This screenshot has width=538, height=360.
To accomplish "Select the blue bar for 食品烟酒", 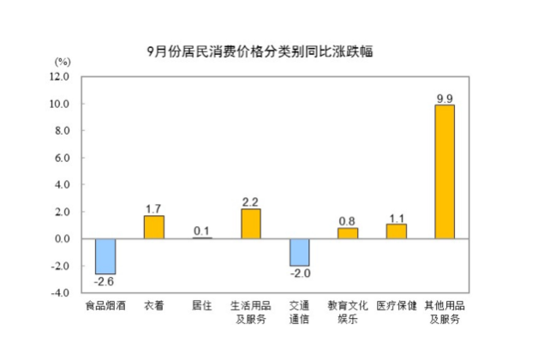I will [x=105, y=255].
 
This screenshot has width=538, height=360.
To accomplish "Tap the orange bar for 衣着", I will [x=153, y=227].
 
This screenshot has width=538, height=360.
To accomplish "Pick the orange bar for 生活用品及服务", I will [x=250, y=224].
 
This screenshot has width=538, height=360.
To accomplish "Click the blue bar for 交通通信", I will [x=299, y=252].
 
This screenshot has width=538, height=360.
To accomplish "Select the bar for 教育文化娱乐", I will [x=347, y=233].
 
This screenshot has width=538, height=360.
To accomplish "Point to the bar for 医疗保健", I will [x=396, y=231].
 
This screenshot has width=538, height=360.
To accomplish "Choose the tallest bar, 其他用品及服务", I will [x=445, y=171].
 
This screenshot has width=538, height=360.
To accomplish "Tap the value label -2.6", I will [x=105, y=281].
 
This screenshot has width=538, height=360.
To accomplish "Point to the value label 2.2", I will [x=250, y=202].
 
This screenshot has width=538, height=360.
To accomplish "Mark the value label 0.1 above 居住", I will [x=202, y=230].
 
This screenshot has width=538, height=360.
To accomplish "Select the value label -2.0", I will [x=299, y=273].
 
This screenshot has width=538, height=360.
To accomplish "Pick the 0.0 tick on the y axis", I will [x=63, y=239].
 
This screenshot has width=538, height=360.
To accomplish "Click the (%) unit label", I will [x=63, y=62].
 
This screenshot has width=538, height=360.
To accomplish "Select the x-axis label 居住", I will [x=202, y=306].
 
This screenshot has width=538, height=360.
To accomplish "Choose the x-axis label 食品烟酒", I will [x=105, y=306].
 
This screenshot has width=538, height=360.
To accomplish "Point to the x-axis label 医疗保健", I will [x=396, y=306].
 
